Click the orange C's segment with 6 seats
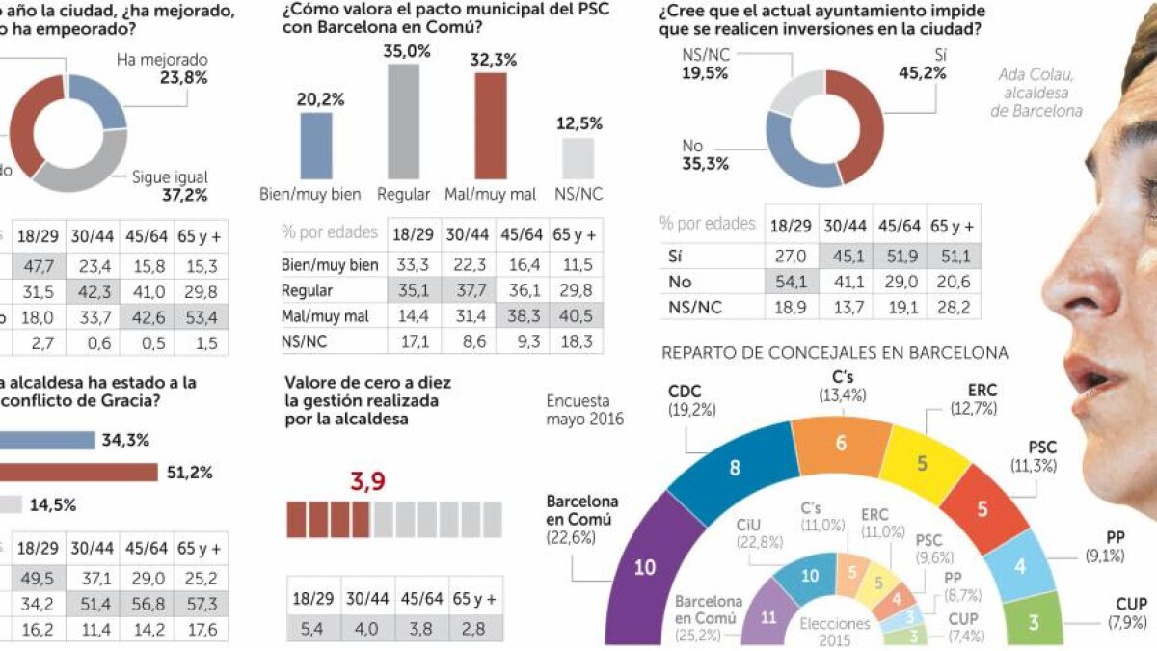(840, 443)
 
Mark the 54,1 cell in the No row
(792, 282)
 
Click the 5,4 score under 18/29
(312, 628)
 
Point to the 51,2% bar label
(191, 473)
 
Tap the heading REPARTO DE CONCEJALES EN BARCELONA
(835, 353)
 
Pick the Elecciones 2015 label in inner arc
(834, 632)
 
